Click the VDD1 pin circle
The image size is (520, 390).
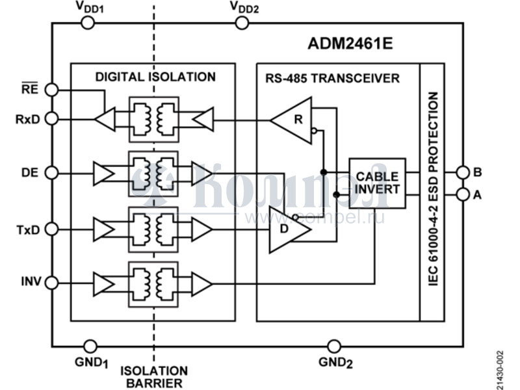point(87,23)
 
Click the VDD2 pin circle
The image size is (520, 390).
point(241,23)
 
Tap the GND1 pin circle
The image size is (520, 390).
point(91,346)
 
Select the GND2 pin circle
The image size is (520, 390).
point(334,346)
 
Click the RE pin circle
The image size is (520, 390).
point(53,90)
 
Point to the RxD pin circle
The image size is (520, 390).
point(53,119)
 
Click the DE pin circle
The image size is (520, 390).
point(53,174)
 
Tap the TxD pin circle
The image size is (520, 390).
point(53,229)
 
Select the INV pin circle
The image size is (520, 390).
point(53,283)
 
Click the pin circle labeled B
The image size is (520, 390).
point(462,172)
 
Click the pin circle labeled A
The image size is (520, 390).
point(462,194)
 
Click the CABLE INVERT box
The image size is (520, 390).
point(377,183)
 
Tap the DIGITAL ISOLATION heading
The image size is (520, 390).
point(155,77)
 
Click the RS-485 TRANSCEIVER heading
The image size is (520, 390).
point(332,79)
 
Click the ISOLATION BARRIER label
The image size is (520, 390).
point(154,377)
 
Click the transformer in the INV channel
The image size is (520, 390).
point(154,283)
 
